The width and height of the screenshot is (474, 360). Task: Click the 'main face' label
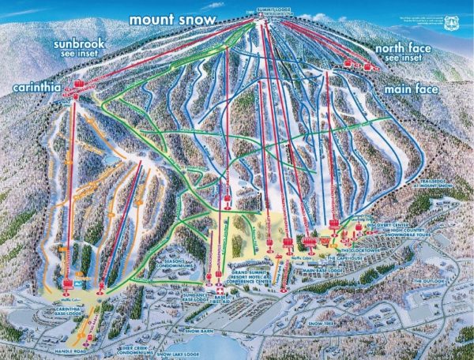pos(412,89)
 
